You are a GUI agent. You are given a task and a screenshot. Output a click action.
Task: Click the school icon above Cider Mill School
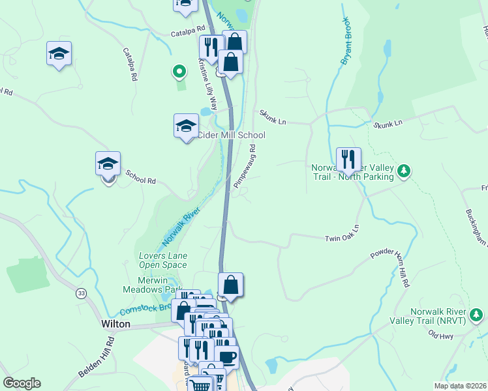(186, 125)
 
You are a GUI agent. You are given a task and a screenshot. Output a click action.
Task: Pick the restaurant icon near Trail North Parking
(348, 158)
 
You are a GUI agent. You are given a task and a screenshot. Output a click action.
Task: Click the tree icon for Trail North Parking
(404, 171)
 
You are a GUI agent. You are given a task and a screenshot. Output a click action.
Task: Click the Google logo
(22, 383)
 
